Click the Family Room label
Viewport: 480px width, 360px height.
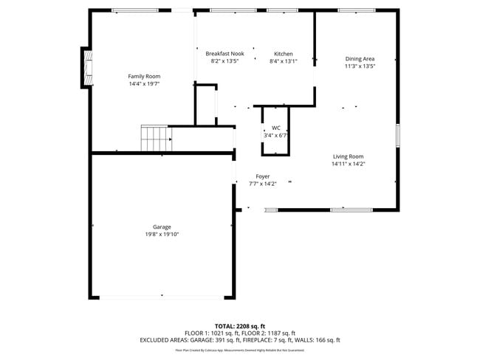[x=144, y=76]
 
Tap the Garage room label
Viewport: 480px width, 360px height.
[x=162, y=226]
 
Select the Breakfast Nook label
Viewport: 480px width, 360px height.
[x=224, y=54]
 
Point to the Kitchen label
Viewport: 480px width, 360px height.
[x=284, y=54]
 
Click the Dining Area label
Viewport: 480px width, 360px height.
[x=360, y=58]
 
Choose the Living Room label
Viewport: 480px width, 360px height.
[x=348, y=156]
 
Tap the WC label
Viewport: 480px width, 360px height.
[x=275, y=128]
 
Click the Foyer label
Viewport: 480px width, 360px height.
[x=263, y=176]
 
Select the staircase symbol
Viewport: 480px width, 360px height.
[x=156, y=139]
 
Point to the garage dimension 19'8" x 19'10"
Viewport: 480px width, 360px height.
[x=162, y=234]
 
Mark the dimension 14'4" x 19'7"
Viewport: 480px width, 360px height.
[x=144, y=84]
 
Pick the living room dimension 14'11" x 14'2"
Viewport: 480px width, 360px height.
[x=348, y=164]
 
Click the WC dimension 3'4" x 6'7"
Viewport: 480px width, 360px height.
[x=275, y=135]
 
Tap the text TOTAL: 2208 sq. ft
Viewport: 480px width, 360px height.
[x=240, y=325]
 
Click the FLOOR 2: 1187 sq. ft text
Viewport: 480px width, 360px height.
[x=270, y=333]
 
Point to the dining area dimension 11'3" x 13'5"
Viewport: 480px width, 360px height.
[x=360, y=66]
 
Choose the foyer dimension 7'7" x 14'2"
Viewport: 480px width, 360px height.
[x=263, y=184]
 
